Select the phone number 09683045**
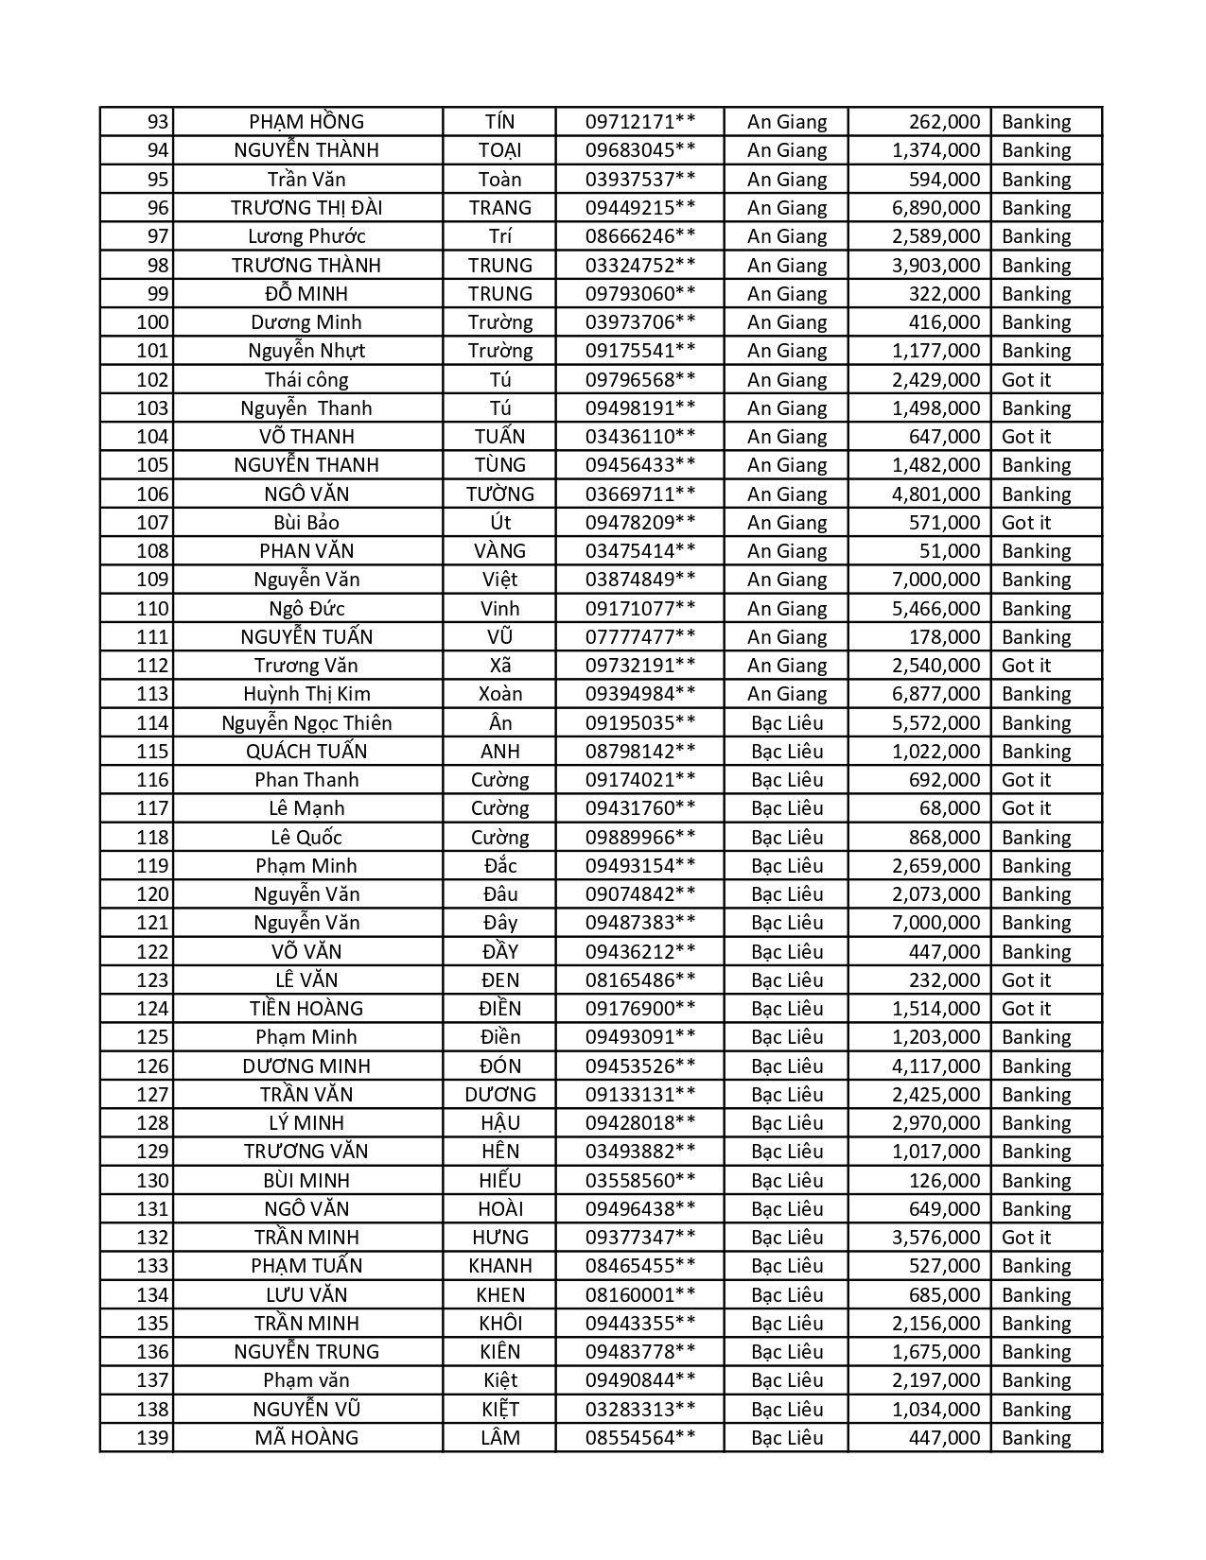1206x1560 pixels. [640, 150]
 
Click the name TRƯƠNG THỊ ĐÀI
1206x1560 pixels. [306, 208]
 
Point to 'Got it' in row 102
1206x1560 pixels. [1026, 380]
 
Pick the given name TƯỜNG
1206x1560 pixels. [499, 494]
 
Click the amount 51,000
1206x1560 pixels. [950, 551]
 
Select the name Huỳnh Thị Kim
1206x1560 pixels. [306, 694]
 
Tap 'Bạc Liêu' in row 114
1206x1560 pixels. [787, 723]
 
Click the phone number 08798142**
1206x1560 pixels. [640, 752]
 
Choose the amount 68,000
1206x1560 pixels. [950, 808]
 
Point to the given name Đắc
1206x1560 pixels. [499, 866]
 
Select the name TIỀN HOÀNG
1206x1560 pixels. [306, 1009]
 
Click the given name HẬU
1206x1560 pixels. [499, 1123]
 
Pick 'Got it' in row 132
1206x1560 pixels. [1026, 1238]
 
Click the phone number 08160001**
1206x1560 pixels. [640, 1295]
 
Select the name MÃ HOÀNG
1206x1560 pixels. [306, 1438]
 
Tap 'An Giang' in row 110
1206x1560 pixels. [787, 609]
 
